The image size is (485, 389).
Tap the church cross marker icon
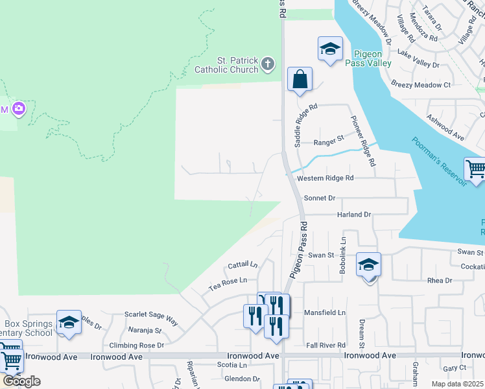click(268, 64)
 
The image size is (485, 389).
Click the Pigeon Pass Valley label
click(372, 58)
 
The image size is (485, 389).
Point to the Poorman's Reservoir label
click(439, 161)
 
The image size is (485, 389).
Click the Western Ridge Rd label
click(325, 178)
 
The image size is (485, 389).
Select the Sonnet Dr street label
click(319, 198)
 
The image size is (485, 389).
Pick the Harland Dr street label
click(353, 215)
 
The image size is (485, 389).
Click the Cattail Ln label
click(242, 265)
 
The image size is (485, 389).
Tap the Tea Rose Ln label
click(227, 281)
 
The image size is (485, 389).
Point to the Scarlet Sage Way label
click(153, 320)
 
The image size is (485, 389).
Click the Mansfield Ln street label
click(325, 312)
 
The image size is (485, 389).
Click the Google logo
click(21, 381)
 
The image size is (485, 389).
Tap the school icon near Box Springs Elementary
click(69, 323)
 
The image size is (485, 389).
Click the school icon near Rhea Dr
click(368, 266)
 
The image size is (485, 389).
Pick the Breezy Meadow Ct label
click(421, 85)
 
